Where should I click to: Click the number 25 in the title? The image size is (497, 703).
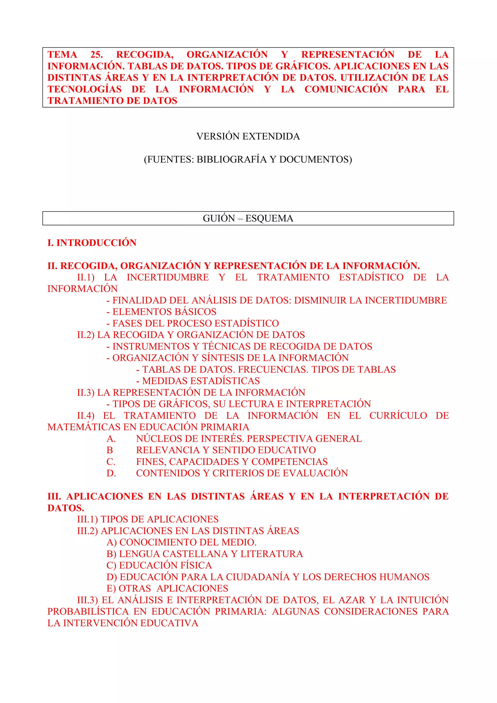[x=96, y=55]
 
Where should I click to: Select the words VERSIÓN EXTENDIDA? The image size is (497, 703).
[x=248, y=136]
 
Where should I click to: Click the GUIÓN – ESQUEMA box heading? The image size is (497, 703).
[x=248, y=218]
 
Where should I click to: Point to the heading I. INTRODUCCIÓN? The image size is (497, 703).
[x=92, y=243]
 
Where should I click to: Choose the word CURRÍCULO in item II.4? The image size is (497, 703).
[x=398, y=415]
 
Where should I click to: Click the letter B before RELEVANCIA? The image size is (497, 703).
[x=110, y=450]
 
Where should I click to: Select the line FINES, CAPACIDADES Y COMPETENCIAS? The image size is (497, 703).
[x=232, y=462]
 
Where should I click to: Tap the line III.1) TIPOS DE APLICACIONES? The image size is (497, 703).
[x=148, y=519]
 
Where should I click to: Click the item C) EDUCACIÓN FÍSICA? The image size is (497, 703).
[x=159, y=565]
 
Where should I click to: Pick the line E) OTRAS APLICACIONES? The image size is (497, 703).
[x=167, y=588]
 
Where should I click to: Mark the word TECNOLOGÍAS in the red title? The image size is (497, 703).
[x=84, y=89]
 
